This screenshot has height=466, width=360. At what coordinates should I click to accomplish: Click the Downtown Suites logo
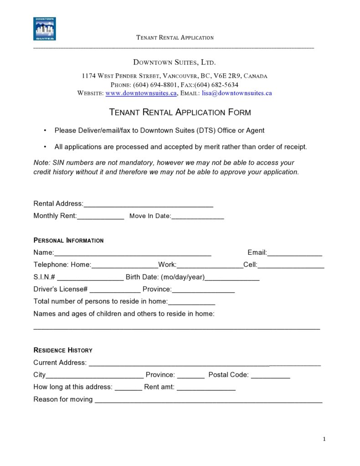[x=45, y=29]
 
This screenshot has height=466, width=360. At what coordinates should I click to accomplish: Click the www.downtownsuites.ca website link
[x=141, y=93]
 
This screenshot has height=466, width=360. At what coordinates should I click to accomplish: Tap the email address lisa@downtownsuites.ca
[x=237, y=93]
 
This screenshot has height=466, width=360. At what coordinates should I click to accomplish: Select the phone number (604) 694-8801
[x=155, y=85]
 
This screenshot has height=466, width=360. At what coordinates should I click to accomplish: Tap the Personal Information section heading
[x=68, y=240]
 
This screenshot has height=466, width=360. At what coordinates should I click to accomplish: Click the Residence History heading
[x=63, y=350]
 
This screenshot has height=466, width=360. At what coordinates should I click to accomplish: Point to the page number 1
[x=324, y=439]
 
